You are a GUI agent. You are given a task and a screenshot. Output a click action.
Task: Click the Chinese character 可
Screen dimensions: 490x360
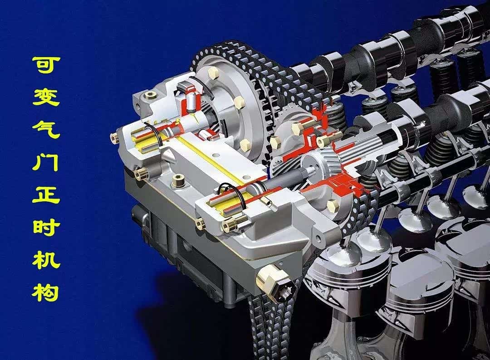(46, 65)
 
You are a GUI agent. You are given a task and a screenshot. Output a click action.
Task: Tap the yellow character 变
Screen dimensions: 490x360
(46, 97)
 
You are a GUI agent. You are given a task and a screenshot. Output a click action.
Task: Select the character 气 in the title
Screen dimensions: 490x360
(46, 129)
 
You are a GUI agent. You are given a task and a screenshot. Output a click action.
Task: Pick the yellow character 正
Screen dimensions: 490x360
(46, 194)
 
